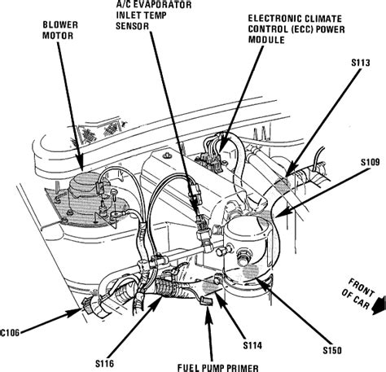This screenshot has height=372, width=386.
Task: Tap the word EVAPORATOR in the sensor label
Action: (x=152, y=15)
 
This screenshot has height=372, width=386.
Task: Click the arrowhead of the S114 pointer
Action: (x=218, y=282)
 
